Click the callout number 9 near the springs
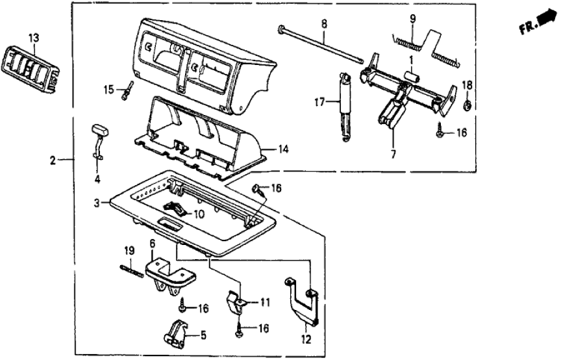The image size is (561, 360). pos(411,18)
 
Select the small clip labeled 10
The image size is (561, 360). pos(176,207)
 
